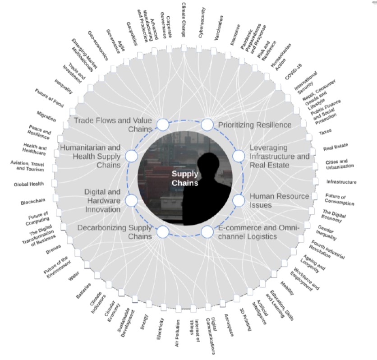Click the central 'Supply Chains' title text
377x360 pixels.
(185, 178)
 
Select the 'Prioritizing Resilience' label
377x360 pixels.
(255, 125)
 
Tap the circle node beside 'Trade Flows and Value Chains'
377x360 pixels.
(162, 125)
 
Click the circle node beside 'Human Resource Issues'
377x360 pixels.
(238, 199)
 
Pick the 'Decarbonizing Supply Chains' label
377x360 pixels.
(115, 232)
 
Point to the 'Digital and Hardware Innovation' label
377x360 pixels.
(102, 200)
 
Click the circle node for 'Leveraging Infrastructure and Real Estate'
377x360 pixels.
(238, 156)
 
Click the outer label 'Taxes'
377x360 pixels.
(326, 133)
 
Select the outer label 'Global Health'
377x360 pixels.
(28, 185)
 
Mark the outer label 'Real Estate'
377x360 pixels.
(335, 148)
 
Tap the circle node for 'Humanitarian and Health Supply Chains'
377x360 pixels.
(131, 156)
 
